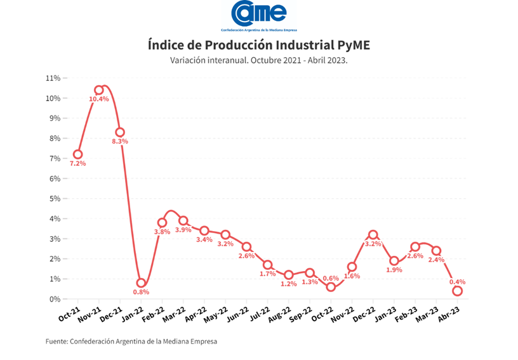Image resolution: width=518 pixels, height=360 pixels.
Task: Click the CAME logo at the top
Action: (x=259, y=14)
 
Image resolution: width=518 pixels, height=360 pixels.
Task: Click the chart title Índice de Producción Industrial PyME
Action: (x=258, y=45)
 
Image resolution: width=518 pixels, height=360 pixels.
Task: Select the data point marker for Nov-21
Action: (x=99, y=90)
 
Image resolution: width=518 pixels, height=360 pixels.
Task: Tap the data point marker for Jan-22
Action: (x=141, y=283)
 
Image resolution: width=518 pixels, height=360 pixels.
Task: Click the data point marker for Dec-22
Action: (x=373, y=235)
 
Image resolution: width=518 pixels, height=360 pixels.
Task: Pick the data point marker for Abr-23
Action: (x=457, y=291)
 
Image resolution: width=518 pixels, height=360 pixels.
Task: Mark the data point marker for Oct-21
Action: (x=77, y=154)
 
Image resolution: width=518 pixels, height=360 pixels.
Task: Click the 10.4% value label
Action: (x=99, y=99)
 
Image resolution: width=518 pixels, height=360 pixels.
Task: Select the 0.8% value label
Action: (x=141, y=293)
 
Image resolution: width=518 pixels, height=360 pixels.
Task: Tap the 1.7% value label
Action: (x=267, y=274)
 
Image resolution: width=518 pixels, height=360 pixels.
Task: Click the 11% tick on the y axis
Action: (x=53, y=78)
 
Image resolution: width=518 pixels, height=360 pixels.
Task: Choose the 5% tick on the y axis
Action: (x=55, y=199)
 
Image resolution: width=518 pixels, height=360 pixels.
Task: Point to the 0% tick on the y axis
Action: (x=55, y=299)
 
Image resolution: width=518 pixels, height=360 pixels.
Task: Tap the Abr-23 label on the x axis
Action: (x=453, y=312)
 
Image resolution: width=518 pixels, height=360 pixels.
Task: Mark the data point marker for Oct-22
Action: (x=331, y=287)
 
